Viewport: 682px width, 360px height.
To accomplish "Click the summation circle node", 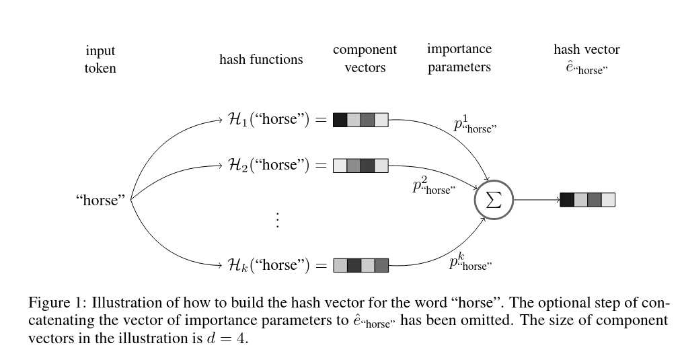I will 494,200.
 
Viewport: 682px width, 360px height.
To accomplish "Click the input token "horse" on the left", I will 100,200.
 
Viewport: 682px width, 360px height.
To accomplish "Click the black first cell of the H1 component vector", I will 340,120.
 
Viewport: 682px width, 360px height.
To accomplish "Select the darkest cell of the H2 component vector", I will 367,166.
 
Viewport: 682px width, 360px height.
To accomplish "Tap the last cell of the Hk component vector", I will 381,265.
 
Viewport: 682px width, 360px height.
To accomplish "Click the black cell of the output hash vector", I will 567,200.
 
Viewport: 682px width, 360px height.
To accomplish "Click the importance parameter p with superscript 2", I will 434,186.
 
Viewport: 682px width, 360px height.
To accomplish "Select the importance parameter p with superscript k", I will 470,262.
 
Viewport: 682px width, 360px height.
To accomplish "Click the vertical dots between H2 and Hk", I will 277,219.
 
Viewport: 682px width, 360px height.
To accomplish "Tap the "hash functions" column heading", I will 261,59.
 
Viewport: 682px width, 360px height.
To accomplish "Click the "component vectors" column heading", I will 365,59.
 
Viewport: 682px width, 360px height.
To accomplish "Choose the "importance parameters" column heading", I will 459,58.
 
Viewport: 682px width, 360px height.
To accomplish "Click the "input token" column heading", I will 100,59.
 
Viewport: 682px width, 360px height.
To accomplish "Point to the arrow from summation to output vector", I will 536,200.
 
